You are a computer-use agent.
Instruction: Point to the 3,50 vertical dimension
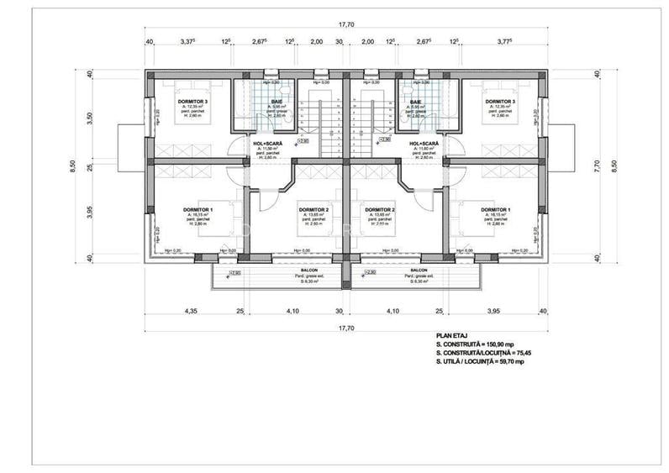(x=90, y=117)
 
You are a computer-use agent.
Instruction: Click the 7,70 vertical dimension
(x=597, y=165)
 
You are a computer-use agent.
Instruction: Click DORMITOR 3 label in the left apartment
(x=192, y=102)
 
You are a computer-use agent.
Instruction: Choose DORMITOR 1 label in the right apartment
(x=495, y=209)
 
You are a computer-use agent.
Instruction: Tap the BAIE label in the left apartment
(x=277, y=102)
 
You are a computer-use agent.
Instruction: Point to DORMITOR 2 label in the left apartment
(x=313, y=209)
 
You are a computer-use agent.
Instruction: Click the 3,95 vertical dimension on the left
(x=90, y=211)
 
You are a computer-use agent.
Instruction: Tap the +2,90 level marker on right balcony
(x=371, y=273)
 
